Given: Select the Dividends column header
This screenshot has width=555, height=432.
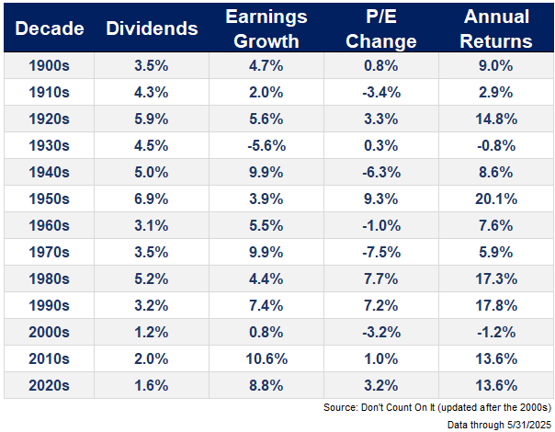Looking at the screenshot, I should (152, 28).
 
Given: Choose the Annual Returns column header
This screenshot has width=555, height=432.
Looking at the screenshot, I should (498, 28).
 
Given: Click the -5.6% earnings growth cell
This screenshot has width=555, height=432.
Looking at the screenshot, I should (266, 145).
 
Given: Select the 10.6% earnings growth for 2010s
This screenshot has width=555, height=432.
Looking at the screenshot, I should (266, 358).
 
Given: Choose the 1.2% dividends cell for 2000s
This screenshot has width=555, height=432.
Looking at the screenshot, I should (152, 331).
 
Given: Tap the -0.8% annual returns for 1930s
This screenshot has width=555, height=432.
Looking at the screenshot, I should (498, 145).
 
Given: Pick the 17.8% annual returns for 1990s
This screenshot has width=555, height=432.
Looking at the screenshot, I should (498, 304).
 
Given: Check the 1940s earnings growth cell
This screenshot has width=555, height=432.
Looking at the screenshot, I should (266, 172).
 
